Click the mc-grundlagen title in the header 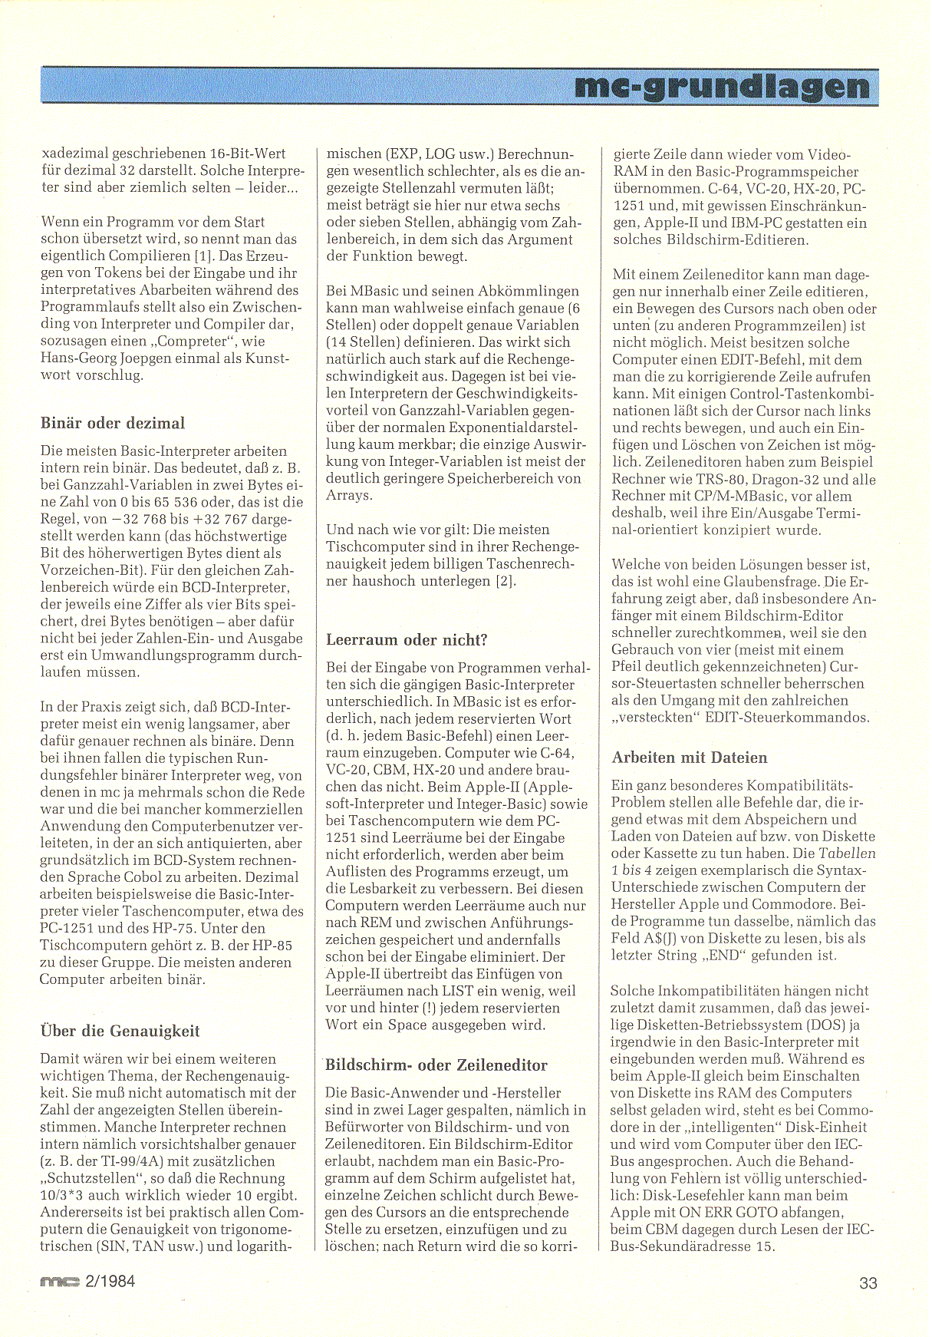coord(723,87)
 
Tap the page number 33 coord(868,1283)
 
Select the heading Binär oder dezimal coord(112,424)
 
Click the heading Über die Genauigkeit coord(120,1031)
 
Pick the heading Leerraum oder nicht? coord(407,640)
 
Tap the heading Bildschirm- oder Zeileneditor coord(436,1065)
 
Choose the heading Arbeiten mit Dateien coord(689,758)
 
